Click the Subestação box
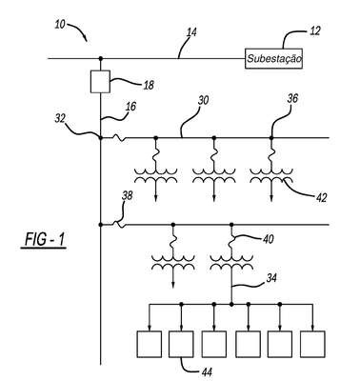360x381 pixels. pos(273,58)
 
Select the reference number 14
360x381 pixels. pos(191,32)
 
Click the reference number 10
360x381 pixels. pos(60,25)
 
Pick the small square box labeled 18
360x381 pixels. pos(100,82)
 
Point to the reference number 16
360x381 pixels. pos(130,107)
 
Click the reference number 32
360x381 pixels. pos(60,119)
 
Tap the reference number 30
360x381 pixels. pos(203,100)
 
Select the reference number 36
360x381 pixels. pos(292,99)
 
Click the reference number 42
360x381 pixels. pos(321,198)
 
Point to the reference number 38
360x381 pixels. pos(128,196)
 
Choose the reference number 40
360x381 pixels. pos(268,239)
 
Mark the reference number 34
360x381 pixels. pos(270,278)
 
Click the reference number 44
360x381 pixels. pos(207,371)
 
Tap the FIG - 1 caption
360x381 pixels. pos(45,239)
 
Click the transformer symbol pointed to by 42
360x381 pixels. pos(271,176)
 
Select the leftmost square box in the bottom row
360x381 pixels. pos(150,344)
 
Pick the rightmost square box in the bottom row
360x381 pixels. pos(312,344)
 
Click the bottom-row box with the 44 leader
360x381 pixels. pos(181,344)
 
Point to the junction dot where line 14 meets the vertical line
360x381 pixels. pos(101,58)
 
